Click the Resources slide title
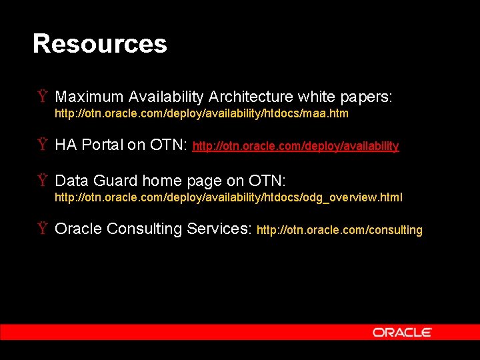[x=100, y=44]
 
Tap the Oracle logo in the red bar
[x=402, y=332]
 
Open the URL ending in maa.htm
[x=201, y=114]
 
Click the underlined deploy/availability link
[x=295, y=146]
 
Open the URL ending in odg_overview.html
[x=228, y=198]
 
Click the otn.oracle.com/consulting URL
[x=339, y=230]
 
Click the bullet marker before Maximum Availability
[x=42, y=97]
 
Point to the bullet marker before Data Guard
[x=42, y=181]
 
